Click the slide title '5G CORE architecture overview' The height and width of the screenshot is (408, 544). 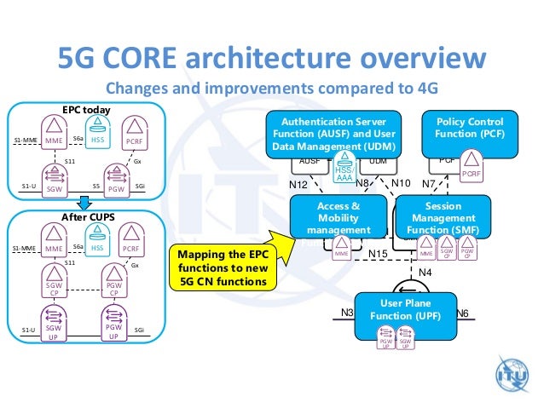(271, 60)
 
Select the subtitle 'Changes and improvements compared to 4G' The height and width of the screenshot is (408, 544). (271, 89)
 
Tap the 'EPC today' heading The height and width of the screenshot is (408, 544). (86, 111)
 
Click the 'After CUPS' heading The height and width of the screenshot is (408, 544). (85, 217)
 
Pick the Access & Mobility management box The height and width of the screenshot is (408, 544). (338, 217)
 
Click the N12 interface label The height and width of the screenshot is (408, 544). (298, 184)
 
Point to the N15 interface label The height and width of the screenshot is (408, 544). (379, 254)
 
